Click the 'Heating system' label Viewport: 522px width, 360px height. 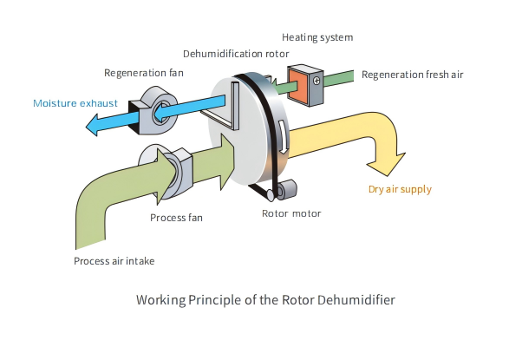[x=317, y=37]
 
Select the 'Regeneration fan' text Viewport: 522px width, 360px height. [x=144, y=72]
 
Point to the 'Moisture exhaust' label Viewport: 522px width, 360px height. [x=75, y=103]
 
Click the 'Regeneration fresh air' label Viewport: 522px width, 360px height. [x=412, y=75]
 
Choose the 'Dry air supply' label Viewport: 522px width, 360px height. [x=400, y=188]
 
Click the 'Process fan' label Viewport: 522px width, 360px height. [x=176, y=217]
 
